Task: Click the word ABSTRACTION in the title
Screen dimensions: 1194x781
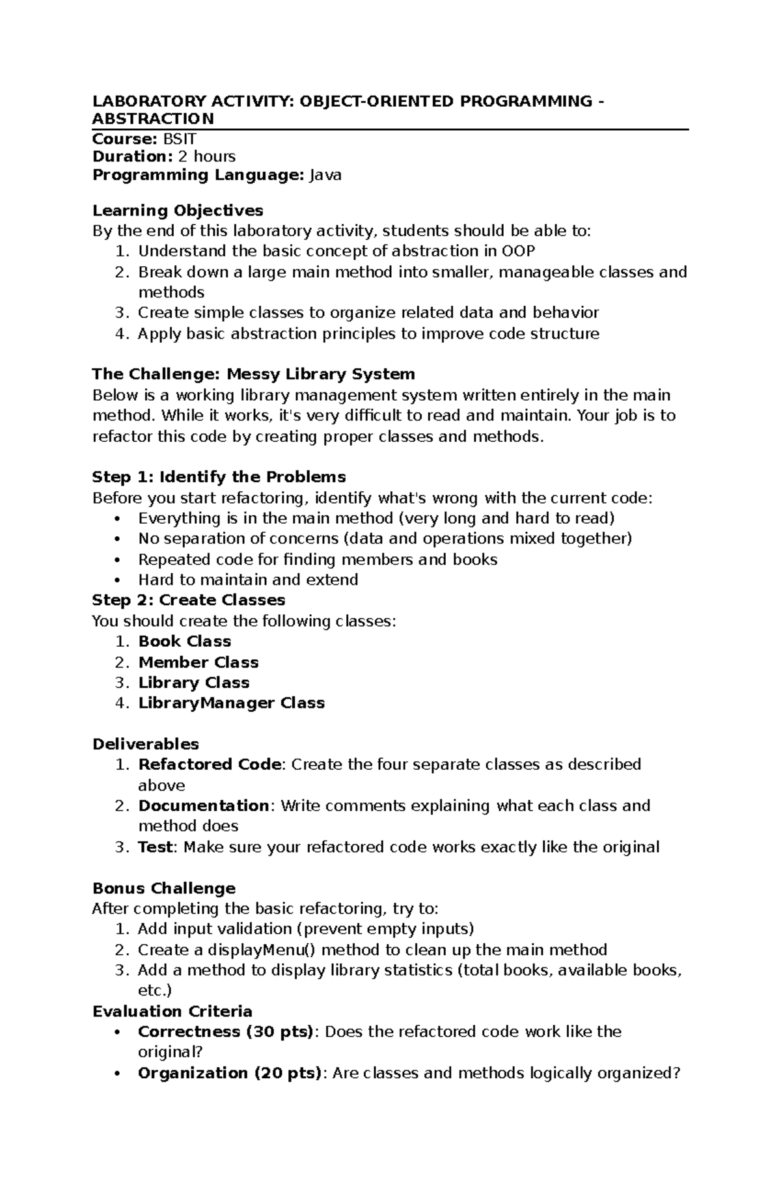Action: point(153,119)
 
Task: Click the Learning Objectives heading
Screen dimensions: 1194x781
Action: point(178,211)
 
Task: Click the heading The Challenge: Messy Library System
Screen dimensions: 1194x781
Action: point(253,374)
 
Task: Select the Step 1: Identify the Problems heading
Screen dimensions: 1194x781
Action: point(219,477)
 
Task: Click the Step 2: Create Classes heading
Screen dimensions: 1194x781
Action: point(189,600)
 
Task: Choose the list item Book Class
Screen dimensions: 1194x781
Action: point(185,642)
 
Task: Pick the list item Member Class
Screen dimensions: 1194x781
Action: point(199,662)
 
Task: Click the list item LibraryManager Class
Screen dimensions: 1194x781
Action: point(231,703)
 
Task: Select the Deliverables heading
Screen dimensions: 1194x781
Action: point(146,744)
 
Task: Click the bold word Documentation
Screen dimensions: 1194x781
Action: point(203,806)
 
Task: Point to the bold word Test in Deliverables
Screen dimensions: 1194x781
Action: point(155,847)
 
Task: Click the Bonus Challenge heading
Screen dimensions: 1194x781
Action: point(164,889)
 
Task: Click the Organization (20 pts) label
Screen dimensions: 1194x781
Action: point(229,1073)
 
